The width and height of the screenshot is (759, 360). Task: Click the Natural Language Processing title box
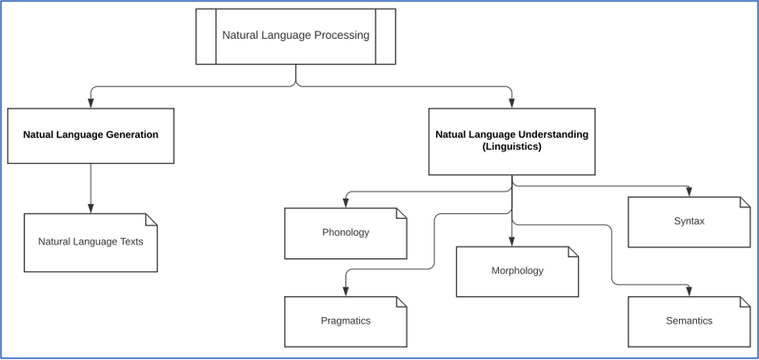click(296, 36)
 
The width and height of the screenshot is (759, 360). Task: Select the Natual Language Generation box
click(90, 136)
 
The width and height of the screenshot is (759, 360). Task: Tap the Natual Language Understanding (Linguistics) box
click(511, 141)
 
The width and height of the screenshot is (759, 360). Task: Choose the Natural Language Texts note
click(90, 242)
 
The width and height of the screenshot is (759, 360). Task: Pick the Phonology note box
click(345, 233)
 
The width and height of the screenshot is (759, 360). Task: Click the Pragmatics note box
click(345, 321)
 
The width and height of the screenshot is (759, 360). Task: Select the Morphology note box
click(517, 271)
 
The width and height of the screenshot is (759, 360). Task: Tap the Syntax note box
click(689, 222)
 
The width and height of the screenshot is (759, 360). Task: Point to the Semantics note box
click(689, 321)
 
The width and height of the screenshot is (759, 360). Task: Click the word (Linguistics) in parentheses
click(512, 147)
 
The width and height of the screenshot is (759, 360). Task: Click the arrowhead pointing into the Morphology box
click(512, 241)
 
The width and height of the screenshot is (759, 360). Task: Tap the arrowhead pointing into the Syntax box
click(689, 192)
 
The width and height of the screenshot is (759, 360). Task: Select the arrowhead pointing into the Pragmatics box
click(346, 291)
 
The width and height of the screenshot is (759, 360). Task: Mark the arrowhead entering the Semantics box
click(689, 291)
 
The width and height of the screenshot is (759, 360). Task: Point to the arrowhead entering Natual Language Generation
click(90, 103)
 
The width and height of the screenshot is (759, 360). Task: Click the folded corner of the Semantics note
click(744, 303)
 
